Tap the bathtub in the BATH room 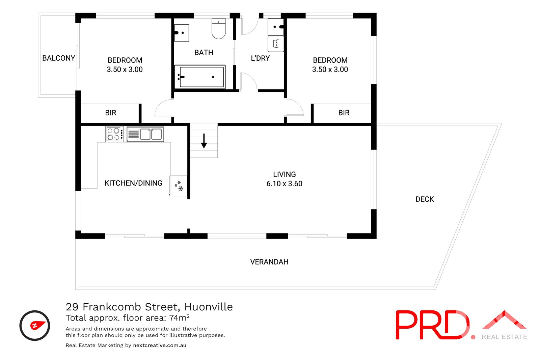pyautogui.click(x=200, y=77)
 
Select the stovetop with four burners pyautogui.click(x=114, y=134)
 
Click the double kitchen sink pyautogui.click(x=145, y=134)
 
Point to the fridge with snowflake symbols pyautogui.click(x=179, y=186)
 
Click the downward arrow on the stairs pyautogui.click(x=204, y=141)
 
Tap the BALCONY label pyautogui.click(x=59, y=58)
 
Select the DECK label pyautogui.click(x=425, y=199)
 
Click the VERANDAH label pyautogui.click(x=269, y=262)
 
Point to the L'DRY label pyautogui.click(x=260, y=58)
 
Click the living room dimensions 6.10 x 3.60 pyautogui.click(x=284, y=184)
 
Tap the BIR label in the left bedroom pyautogui.click(x=111, y=113)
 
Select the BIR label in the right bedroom pyautogui.click(x=344, y=113)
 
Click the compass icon pyautogui.click(x=35, y=326)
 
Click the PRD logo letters pyautogui.click(x=432, y=325)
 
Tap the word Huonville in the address pyautogui.click(x=209, y=307)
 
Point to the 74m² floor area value pyautogui.click(x=179, y=318)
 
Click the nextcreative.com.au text pyautogui.click(x=160, y=345)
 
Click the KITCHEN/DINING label pyautogui.click(x=133, y=183)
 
